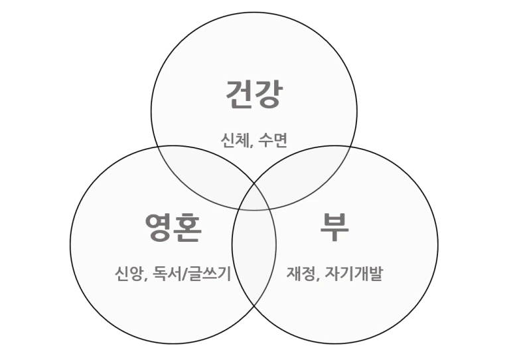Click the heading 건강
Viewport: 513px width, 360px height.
click(x=254, y=94)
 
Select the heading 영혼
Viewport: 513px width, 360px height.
click(x=173, y=227)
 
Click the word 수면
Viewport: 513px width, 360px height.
click(x=274, y=140)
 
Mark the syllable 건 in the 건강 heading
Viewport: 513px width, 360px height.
click(x=239, y=94)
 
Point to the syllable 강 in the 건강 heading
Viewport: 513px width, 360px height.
click(x=268, y=94)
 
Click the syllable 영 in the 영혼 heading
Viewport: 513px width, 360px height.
click(x=159, y=227)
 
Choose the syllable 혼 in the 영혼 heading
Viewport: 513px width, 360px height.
click(x=188, y=227)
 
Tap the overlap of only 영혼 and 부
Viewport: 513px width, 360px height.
click(x=254, y=266)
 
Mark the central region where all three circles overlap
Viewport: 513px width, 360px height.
click(x=254, y=199)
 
